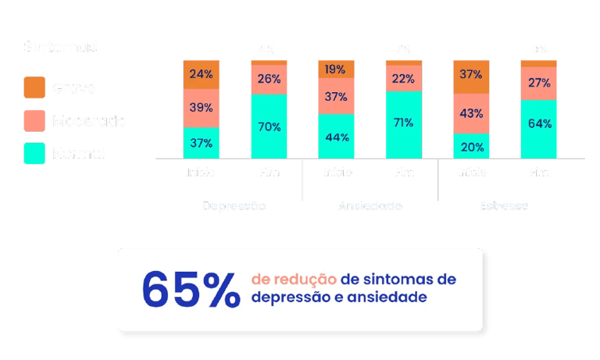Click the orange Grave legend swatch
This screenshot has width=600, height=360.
(34, 87)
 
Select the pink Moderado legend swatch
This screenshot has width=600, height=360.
(34, 121)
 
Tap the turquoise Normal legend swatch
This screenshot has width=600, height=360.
(34, 153)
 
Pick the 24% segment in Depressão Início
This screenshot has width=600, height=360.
(202, 74)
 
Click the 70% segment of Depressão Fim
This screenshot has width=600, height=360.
(269, 125)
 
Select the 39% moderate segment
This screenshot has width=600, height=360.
(202, 108)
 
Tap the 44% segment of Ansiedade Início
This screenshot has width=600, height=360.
(336, 137)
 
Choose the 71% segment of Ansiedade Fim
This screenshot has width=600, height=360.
(403, 123)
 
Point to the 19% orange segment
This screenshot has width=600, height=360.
(336, 69)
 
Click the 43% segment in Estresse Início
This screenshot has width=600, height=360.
(471, 113)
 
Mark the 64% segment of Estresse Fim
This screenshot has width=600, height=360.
(539, 123)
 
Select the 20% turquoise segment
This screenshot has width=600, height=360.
(471, 145)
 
